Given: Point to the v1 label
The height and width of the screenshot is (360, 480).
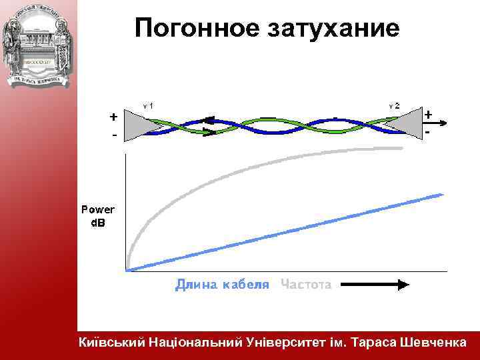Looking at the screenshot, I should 149,105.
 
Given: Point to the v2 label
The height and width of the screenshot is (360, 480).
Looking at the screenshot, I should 395,105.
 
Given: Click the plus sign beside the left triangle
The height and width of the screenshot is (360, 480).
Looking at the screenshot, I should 114,117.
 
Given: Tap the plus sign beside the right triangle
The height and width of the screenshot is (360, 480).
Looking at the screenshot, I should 428,114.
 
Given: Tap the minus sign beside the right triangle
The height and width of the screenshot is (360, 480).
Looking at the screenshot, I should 427,134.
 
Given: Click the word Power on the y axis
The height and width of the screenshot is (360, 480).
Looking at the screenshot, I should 98,209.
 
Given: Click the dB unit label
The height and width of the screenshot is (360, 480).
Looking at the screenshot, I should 98,221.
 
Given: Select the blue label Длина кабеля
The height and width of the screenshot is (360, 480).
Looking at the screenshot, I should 222,285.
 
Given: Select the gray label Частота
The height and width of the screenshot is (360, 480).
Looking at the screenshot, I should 306,285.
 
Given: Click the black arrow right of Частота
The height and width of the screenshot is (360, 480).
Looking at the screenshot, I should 373,285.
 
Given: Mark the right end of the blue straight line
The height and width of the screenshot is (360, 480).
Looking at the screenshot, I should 442,194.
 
